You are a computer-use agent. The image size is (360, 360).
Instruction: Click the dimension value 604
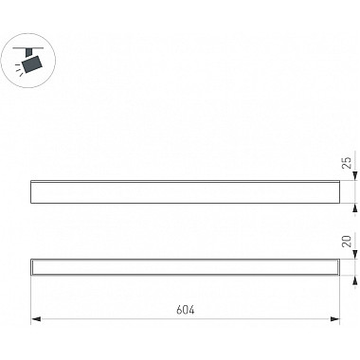186,310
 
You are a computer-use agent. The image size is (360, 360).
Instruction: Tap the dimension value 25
347,162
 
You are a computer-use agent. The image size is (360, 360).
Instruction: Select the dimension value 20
347,242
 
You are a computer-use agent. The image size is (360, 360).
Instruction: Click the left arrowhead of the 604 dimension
36,319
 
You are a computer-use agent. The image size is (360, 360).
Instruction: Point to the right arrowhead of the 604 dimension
334,319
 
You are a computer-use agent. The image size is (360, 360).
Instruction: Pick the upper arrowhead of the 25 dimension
355,175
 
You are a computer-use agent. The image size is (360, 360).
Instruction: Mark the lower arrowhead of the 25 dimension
355,207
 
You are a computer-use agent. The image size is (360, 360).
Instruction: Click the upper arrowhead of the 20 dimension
355,255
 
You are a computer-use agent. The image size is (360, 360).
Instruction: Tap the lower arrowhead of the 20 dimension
355,280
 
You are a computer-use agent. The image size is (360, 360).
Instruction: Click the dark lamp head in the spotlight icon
32,63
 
